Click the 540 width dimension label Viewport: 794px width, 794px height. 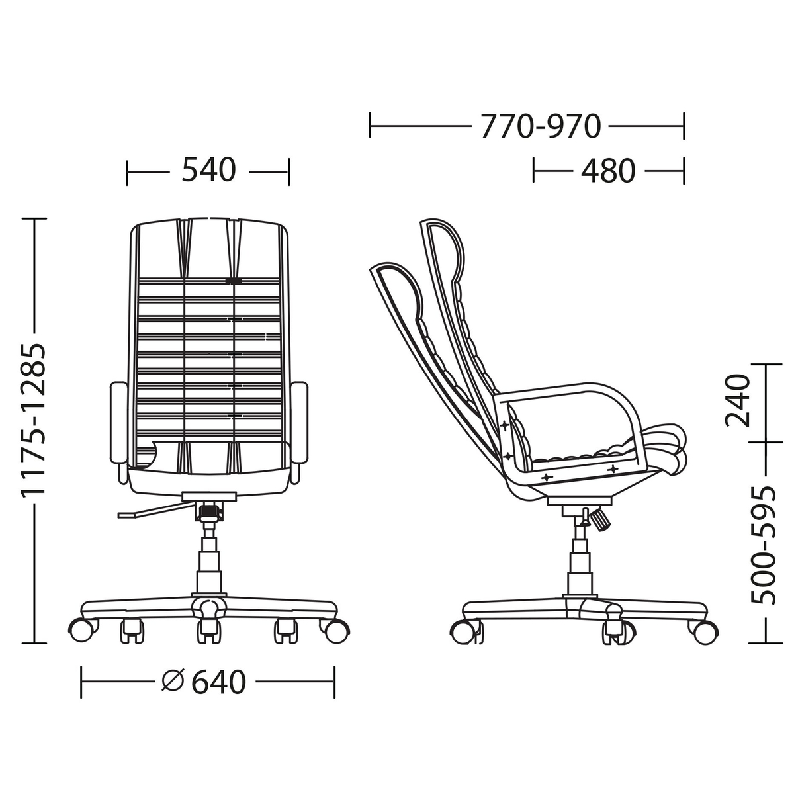click(208, 169)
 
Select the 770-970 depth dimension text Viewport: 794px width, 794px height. click(541, 126)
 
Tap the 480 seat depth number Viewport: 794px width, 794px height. click(608, 171)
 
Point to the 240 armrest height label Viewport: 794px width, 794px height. click(736, 400)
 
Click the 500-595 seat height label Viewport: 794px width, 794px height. click(762, 546)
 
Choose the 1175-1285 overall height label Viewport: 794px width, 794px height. click(34, 421)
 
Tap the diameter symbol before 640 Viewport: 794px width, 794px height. click(173, 681)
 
